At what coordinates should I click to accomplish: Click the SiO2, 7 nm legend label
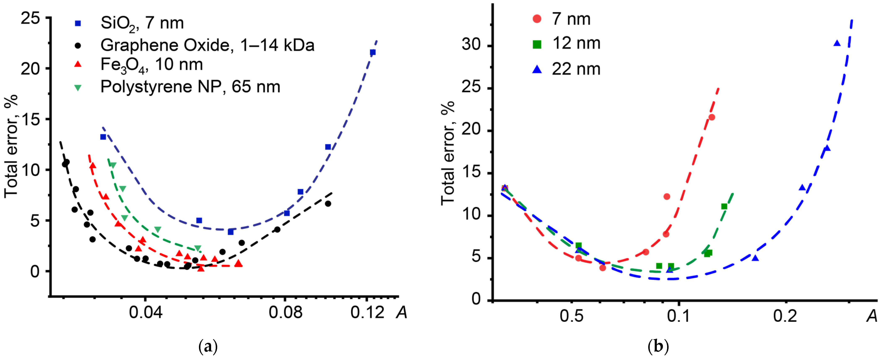coord(142,23)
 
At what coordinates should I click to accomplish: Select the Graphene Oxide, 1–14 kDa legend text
coord(207,45)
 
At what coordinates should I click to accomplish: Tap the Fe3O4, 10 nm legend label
coord(152,65)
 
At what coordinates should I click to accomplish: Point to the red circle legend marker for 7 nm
coord(537,19)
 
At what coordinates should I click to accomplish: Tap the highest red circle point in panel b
coord(712,117)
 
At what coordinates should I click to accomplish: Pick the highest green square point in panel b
coord(724,206)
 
